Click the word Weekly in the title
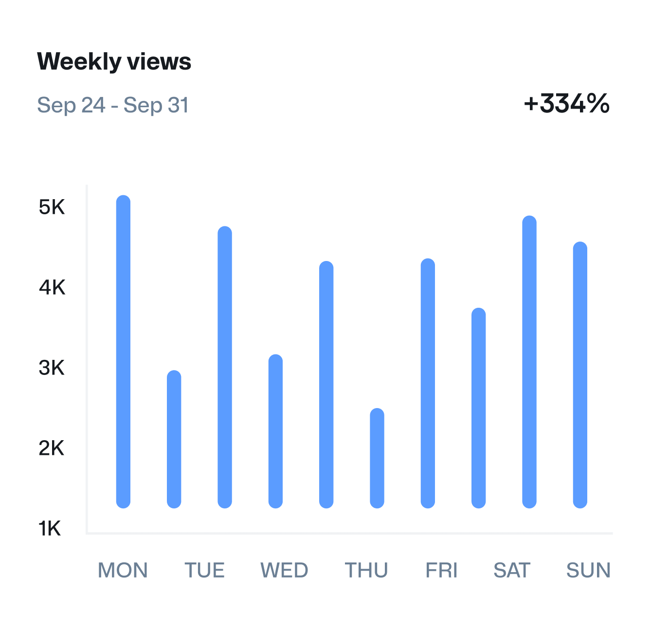79,62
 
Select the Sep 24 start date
71,105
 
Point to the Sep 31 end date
156,105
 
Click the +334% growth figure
566,104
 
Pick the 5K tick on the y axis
52,207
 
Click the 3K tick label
52,368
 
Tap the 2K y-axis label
52,448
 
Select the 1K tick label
50,529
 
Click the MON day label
123,570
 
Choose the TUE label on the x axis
204,570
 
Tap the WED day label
284,570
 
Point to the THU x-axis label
366,570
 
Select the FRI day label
441,570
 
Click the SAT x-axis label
511,570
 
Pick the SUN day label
588,570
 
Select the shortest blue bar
377,458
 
